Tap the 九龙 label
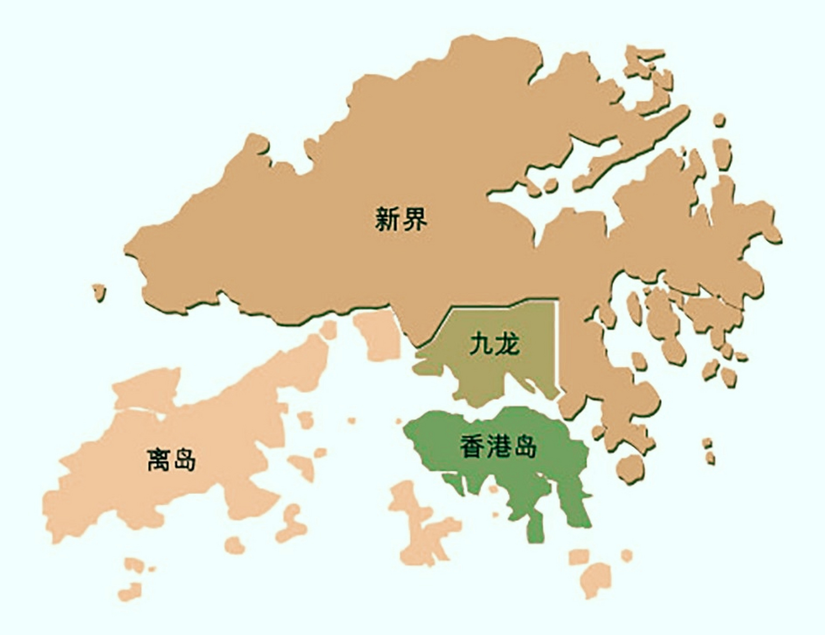click(494, 344)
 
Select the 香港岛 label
click(498, 446)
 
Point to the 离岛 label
click(172, 459)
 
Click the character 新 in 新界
click(388, 219)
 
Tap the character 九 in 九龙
click(481, 344)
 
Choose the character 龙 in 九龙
click(508, 344)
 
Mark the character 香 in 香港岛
click(472, 446)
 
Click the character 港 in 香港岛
click(498, 446)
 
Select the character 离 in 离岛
click(159, 459)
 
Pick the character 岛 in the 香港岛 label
click(525, 446)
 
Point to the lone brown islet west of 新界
click(100, 291)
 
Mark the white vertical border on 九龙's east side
click(556, 347)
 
